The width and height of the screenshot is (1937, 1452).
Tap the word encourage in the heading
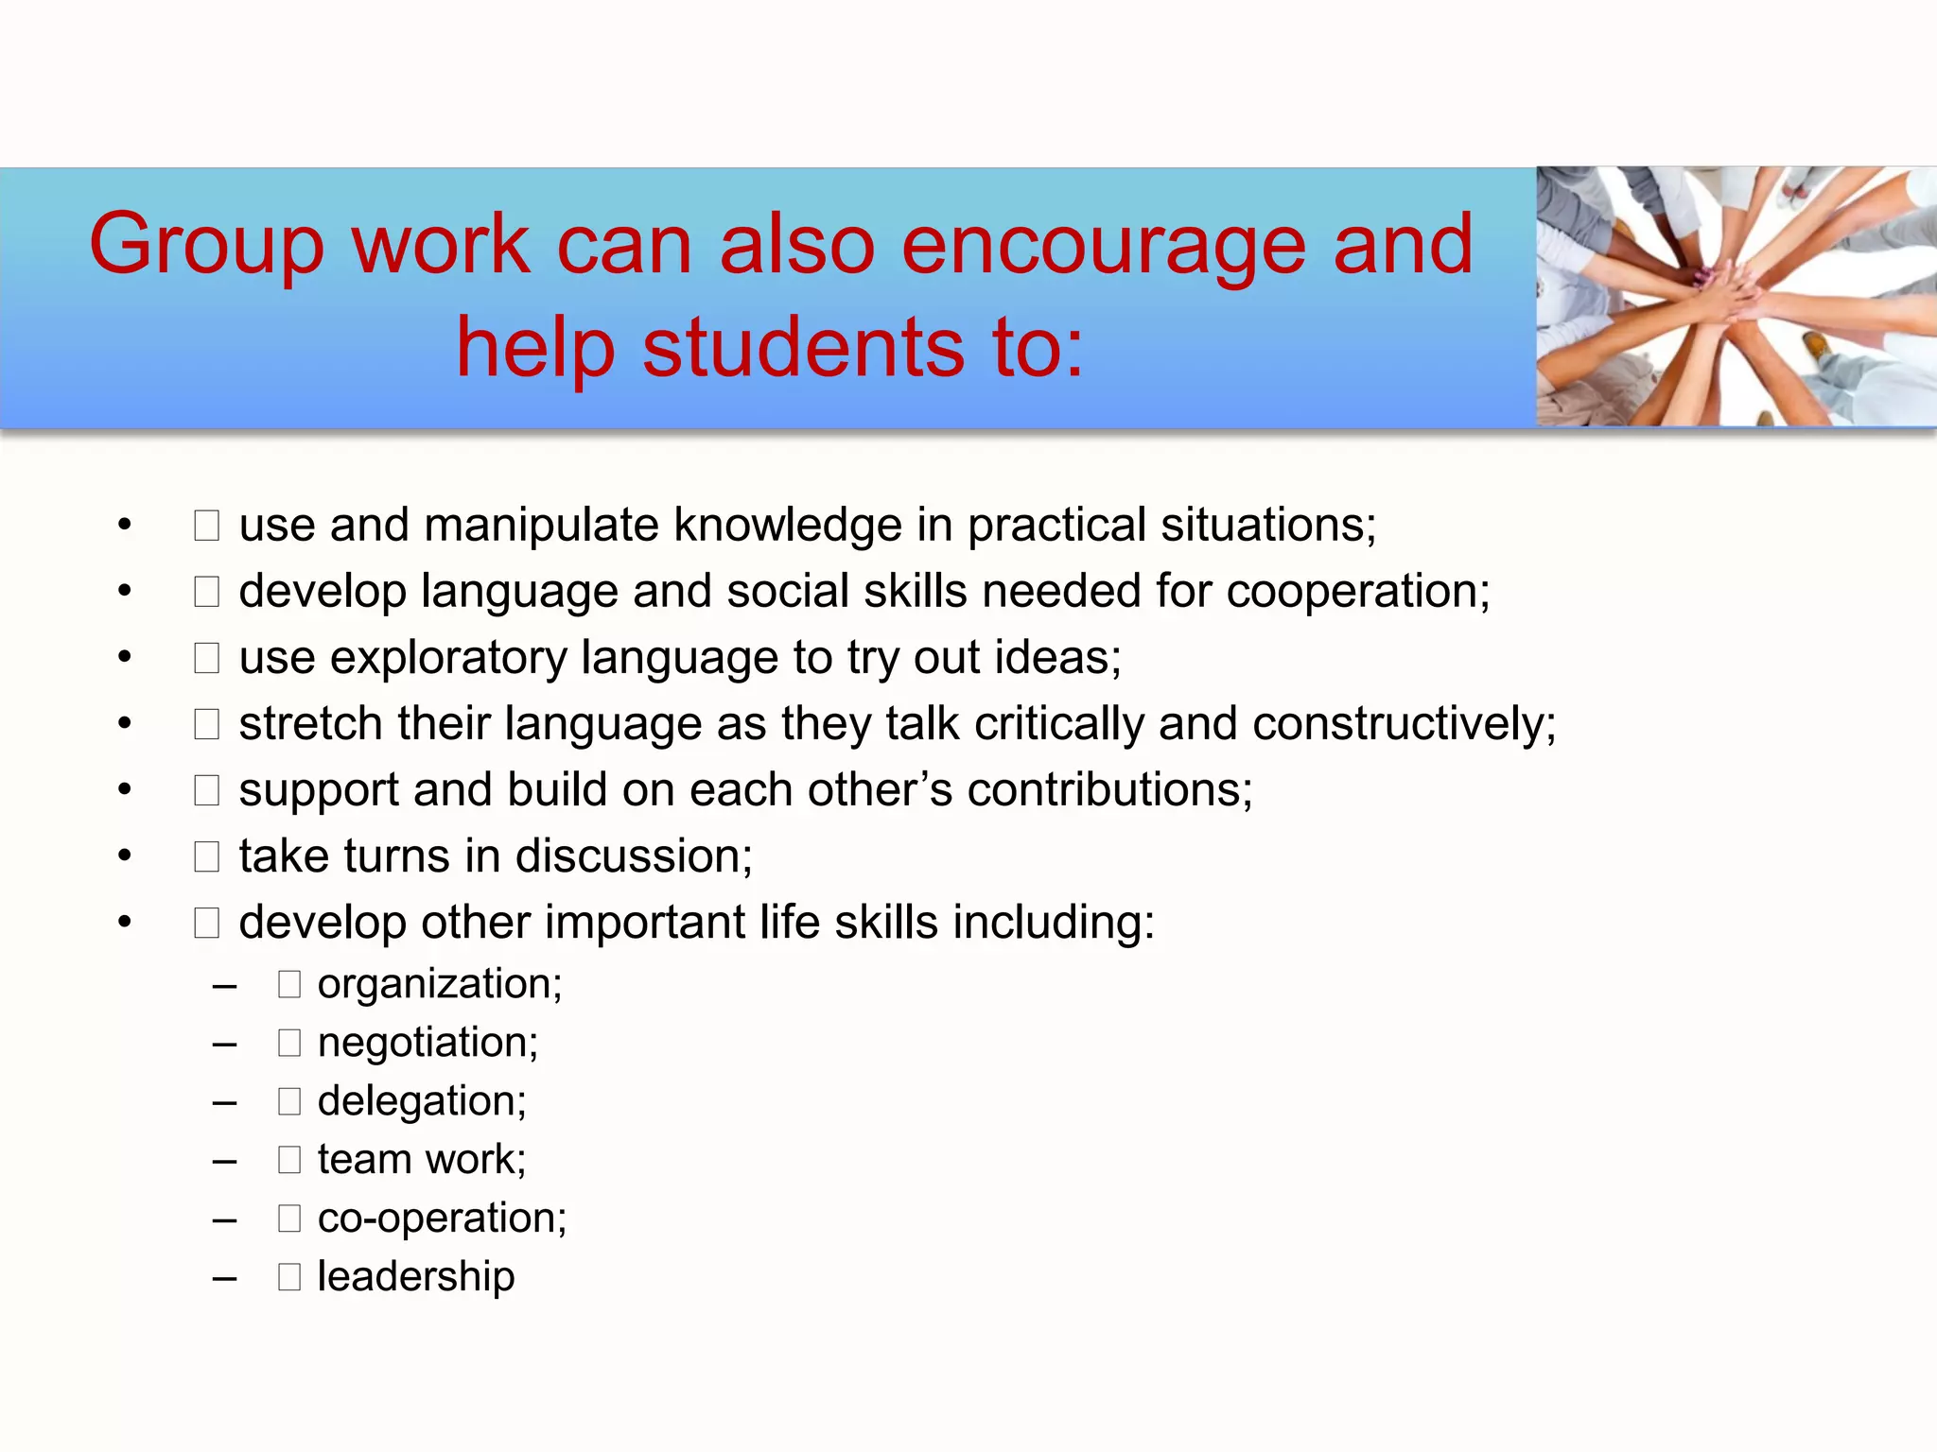(x=1104, y=246)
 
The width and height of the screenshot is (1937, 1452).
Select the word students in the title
(x=804, y=348)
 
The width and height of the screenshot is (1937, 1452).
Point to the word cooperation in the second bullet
(x=1357, y=593)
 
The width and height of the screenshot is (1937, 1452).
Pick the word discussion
(x=634, y=856)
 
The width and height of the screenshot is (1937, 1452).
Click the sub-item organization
(x=440, y=985)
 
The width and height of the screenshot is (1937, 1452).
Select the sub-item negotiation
(x=428, y=1044)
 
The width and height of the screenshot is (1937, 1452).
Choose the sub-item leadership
(x=416, y=1277)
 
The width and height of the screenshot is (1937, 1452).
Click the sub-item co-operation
(x=442, y=1219)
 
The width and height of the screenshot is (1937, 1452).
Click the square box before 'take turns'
(x=206, y=857)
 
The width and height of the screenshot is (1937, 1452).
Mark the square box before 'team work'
(x=289, y=1160)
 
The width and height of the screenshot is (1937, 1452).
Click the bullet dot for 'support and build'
(x=125, y=790)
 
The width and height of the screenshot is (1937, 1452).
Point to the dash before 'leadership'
(x=224, y=1279)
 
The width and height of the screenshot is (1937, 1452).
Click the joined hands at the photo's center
(x=1730, y=288)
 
